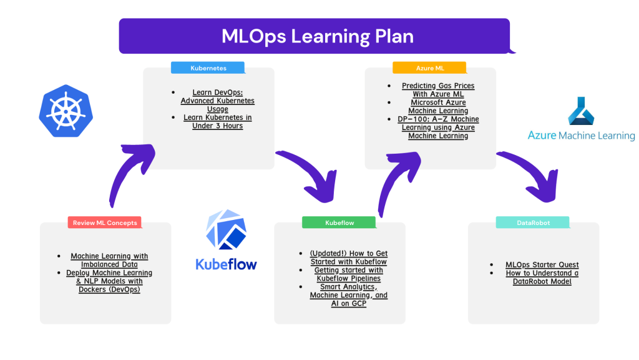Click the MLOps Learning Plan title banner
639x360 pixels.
click(315, 36)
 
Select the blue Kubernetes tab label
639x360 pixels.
click(208, 67)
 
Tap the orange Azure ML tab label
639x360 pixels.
click(429, 67)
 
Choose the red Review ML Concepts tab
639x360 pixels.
click(105, 222)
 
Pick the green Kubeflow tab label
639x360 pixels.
click(339, 222)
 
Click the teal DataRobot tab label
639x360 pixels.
click(533, 222)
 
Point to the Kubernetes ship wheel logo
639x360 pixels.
click(66, 111)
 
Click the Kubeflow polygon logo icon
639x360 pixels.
click(226, 230)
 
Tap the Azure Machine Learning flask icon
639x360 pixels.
click(581, 111)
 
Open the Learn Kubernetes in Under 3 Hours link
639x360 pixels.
click(218, 122)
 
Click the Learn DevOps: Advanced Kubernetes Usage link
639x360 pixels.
click(218, 101)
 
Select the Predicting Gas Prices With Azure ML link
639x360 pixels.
click(438, 90)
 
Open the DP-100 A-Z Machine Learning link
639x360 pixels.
click(438, 127)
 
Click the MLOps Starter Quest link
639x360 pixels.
click(542, 264)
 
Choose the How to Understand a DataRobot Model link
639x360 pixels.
click(542, 277)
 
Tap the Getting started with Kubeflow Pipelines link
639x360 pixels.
click(348, 274)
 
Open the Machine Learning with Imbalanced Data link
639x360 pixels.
click(109, 260)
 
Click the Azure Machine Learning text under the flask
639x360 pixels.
click(582, 136)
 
